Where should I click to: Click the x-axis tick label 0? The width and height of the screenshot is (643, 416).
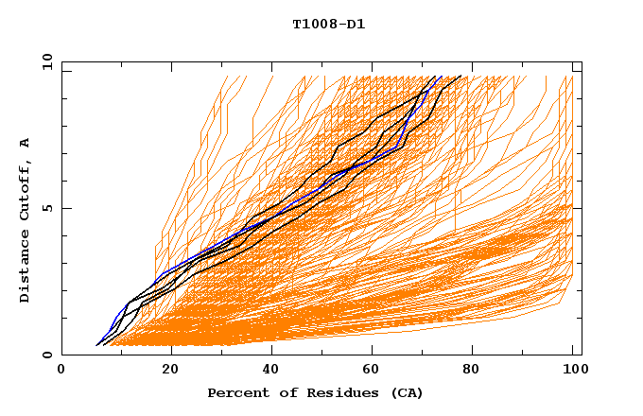(61, 371)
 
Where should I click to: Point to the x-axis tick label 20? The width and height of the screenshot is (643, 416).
(168, 371)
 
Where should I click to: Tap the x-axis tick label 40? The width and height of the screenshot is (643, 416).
(271, 371)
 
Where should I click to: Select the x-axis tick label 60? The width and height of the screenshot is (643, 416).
(374, 371)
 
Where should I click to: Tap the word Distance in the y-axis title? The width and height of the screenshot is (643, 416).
(26, 269)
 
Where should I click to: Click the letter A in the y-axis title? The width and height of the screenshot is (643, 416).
(26, 143)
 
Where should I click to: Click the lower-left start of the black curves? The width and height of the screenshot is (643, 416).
(97, 344)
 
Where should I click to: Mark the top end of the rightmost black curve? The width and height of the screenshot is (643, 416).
(461, 77)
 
